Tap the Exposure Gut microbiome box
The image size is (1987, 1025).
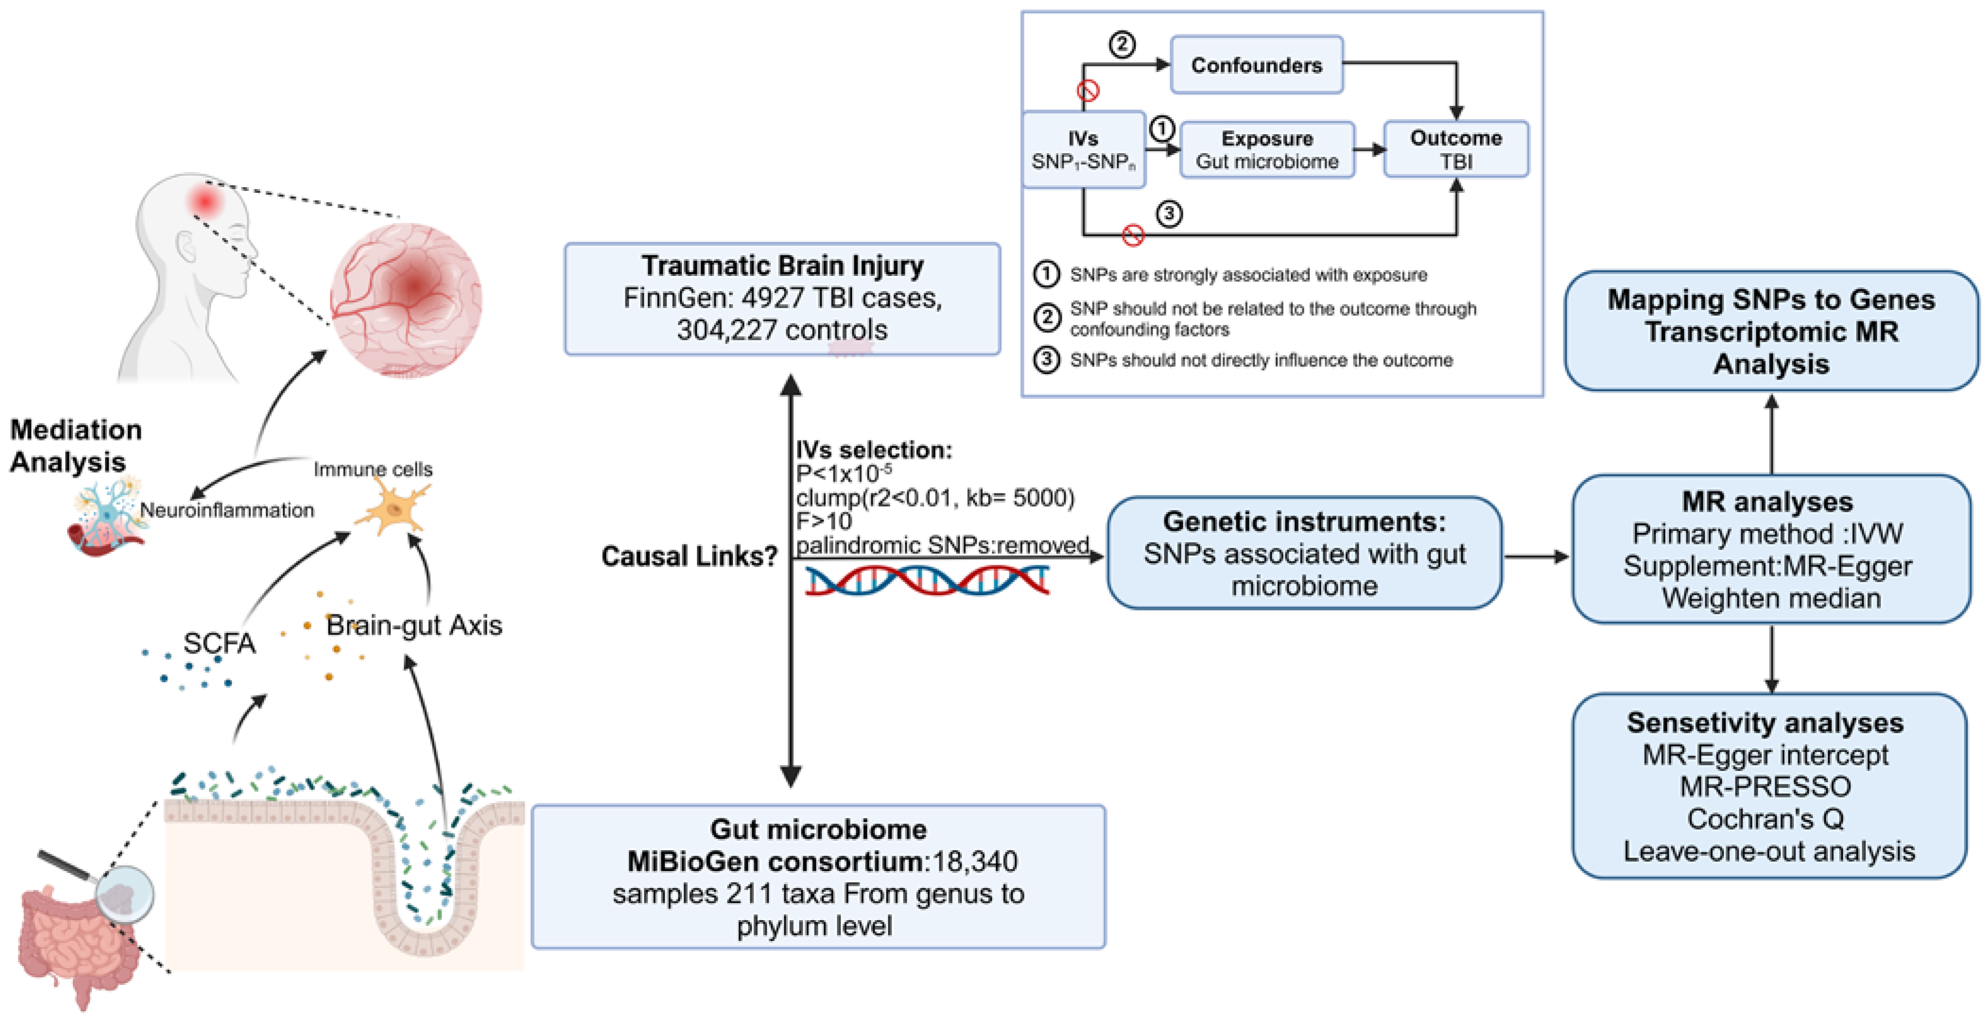(1267, 150)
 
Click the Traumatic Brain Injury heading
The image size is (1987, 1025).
(782, 265)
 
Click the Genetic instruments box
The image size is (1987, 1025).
(1303, 553)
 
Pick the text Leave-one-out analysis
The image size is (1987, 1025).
(1769, 852)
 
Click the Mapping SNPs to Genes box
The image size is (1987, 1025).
(1770, 331)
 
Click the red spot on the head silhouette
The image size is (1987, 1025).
(205, 201)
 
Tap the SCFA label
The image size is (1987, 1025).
(219, 643)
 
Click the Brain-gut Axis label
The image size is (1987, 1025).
(414, 625)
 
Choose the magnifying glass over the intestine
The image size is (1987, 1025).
(123, 895)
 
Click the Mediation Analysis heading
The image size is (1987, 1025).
(75, 445)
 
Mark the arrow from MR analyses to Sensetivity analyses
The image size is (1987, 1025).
(1771, 659)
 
